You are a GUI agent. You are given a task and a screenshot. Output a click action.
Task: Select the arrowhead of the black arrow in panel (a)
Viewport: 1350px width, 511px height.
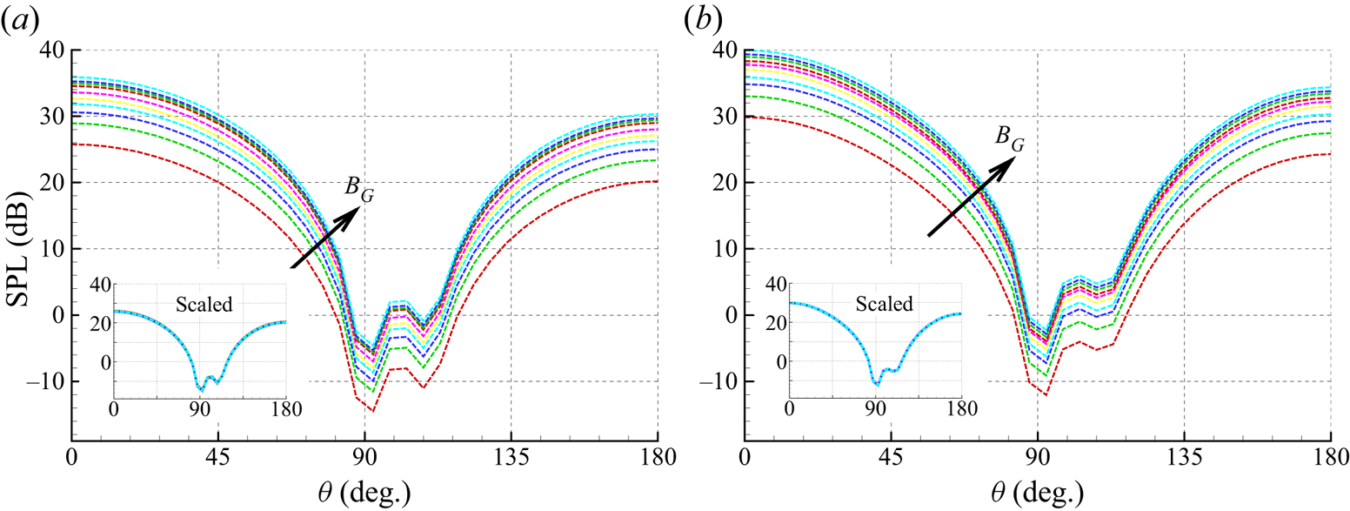pos(351,217)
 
